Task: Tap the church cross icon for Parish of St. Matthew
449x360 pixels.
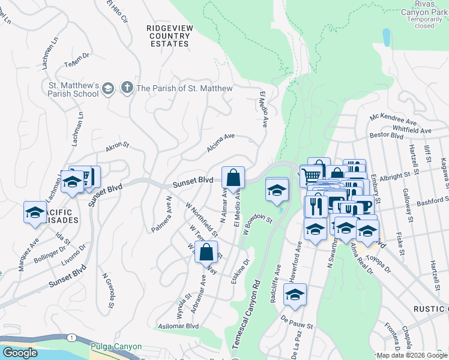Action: coord(127,88)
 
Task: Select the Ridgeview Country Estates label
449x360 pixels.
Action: coord(169,35)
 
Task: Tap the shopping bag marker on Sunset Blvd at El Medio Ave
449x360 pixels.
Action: coord(233,178)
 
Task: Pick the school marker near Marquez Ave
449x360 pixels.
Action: coord(35,212)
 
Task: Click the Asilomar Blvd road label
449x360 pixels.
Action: coord(178,326)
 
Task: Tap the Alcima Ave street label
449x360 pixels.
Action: coord(220,142)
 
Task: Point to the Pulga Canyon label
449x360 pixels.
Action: coord(116,347)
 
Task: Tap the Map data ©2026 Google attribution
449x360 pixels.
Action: coord(411,355)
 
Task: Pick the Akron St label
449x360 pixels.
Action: coord(117,148)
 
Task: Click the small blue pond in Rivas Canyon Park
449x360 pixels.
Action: coord(385,37)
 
